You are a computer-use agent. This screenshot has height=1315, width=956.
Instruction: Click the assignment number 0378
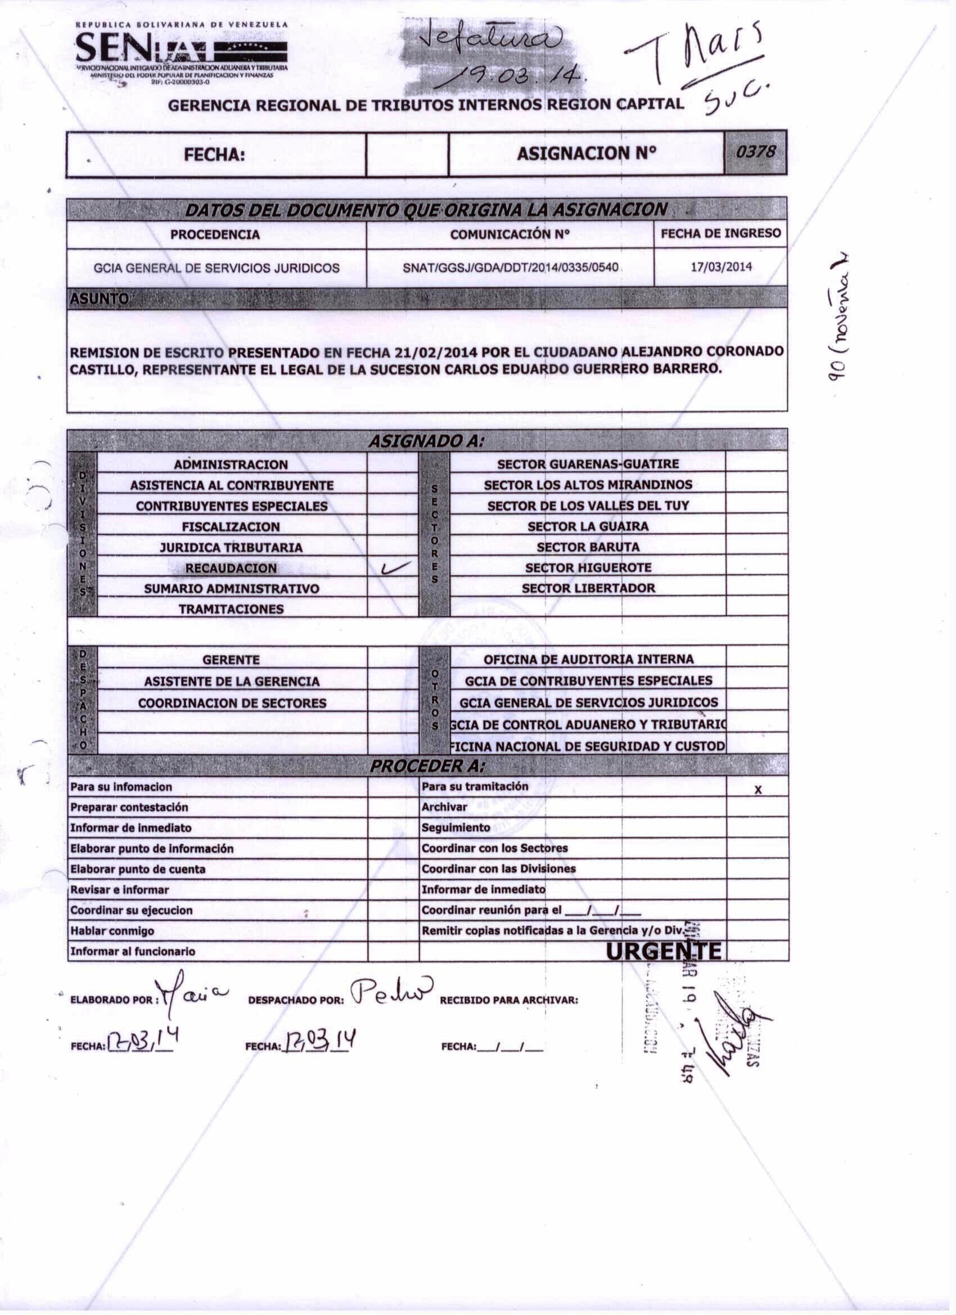tap(755, 152)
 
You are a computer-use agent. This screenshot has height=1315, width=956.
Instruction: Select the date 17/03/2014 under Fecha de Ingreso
tap(721, 267)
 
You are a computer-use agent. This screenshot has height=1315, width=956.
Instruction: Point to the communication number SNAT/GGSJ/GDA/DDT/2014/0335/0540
tap(510, 268)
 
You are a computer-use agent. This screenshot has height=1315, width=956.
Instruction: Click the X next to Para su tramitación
tap(757, 790)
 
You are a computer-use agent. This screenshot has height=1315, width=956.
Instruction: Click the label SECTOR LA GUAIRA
tap(588, 526)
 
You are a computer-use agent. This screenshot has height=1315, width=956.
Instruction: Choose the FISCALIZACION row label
tap(231, 527)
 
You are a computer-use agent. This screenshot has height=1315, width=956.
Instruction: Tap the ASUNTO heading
tap(99, 299)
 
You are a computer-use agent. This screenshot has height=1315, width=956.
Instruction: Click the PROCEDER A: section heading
tap(427, 767)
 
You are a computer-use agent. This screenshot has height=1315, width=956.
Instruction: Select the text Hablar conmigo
tap(112, 931)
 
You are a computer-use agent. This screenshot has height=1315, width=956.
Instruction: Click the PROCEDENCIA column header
tap(215, 235)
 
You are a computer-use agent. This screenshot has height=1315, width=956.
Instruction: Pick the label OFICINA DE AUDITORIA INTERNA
tap(588, 659)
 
